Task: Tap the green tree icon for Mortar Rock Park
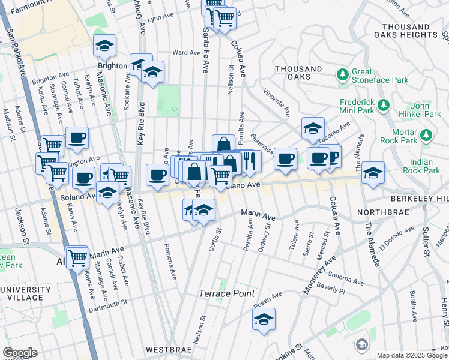click(426, 134)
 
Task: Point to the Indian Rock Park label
click(425, 166)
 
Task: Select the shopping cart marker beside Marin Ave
click(78, 258)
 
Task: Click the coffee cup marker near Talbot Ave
click(77, 137)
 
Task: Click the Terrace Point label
click(227, 293)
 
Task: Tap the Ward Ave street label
click(185, 52)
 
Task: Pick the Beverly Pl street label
click(333, 290)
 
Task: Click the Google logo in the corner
click(20, 352)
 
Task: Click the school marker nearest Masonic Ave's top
click(104, 46)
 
